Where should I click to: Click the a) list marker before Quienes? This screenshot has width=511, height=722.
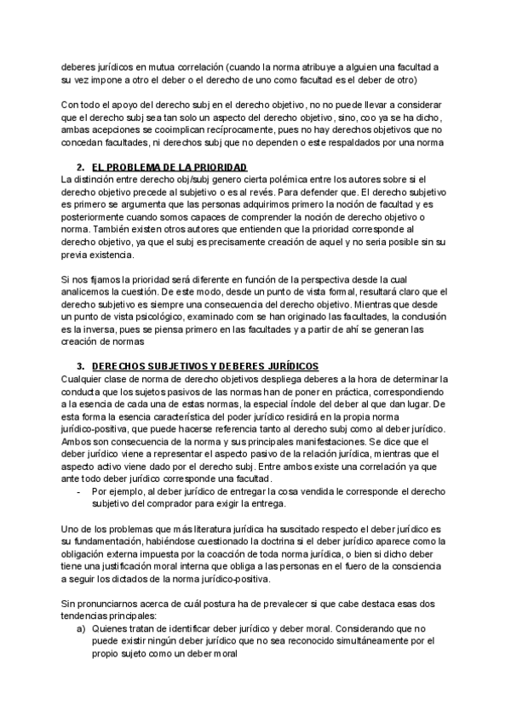(x=80, y=627)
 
